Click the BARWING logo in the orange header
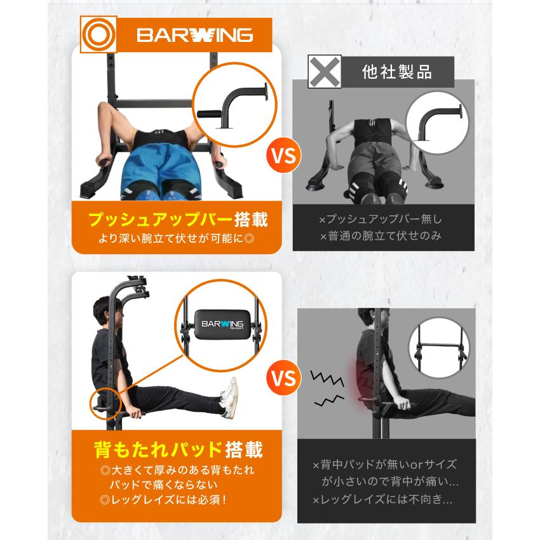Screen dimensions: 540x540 195,34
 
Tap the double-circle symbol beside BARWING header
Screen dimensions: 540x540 98,34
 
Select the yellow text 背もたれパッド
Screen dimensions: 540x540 156,449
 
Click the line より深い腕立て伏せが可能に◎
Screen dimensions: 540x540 177,240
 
